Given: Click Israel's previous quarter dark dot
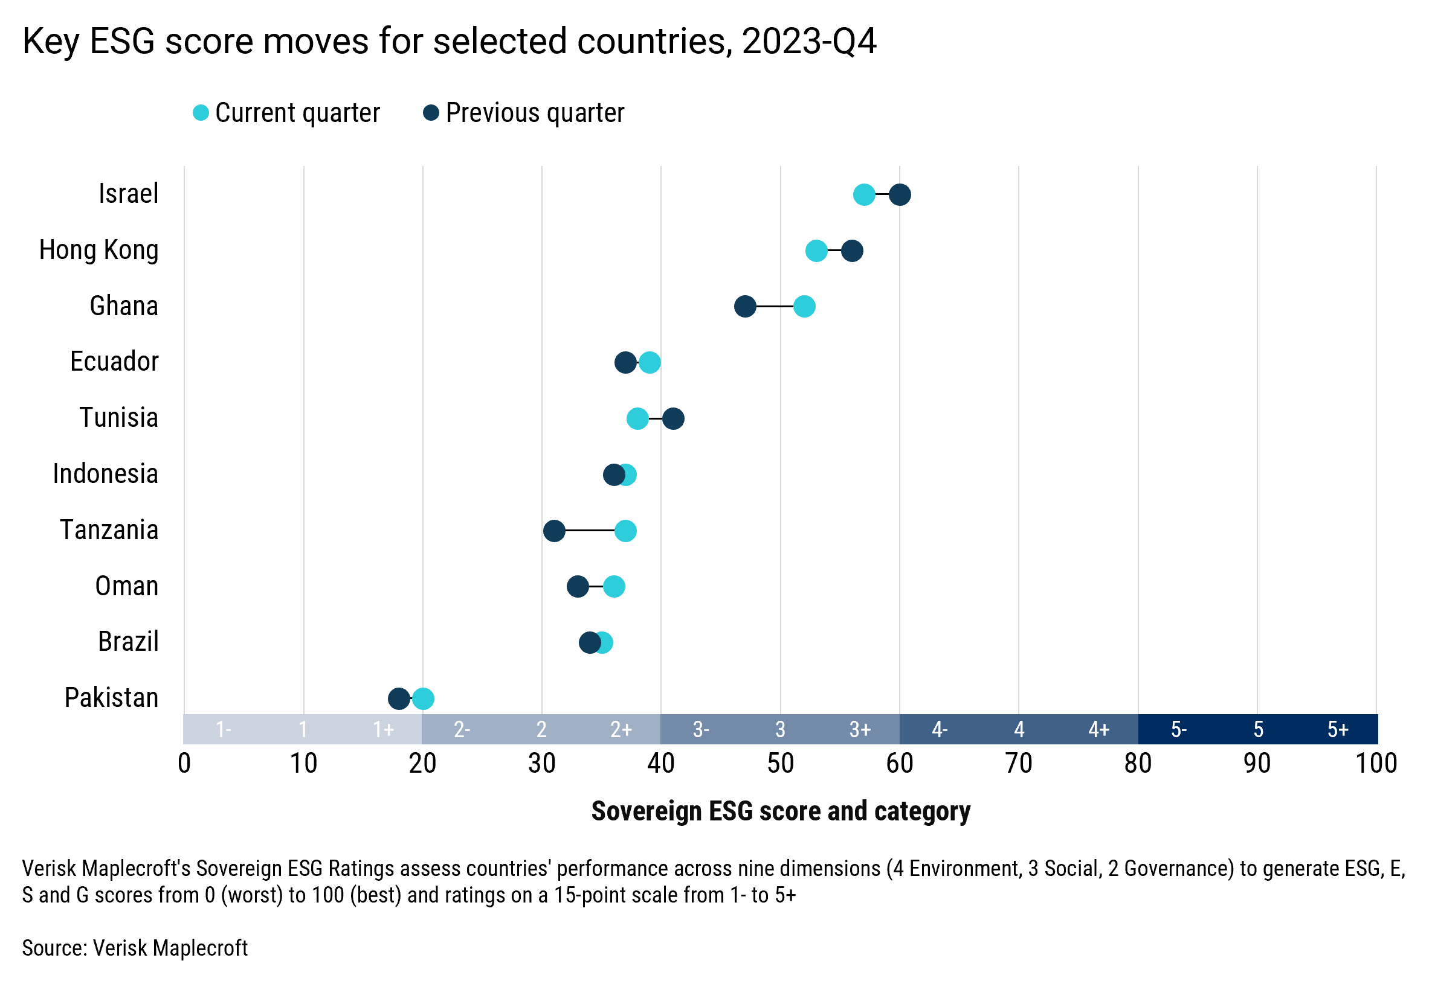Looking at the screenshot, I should pyautogui.click(x=900, y=194).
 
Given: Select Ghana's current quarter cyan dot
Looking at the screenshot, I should pyautogui.click(x=804, y=306).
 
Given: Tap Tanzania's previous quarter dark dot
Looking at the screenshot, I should pyautogui.click(x=554, y=530).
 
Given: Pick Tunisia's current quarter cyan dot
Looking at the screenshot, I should pyautogui.click(x=637, y=419).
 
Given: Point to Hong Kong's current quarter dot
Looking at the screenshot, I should pyautogui.click(x=816, y=251).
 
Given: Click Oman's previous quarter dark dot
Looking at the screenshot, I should pyautogui.click(x=578, y=586).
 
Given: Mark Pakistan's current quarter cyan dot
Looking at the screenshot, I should pyautogui.click(x=424, y=698).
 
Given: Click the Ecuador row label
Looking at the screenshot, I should pyautogui.click(x=114, y=362).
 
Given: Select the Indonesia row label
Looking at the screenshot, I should pyautogui.click(x=105, y=473).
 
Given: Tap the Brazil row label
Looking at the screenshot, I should pyautogui.click(x=128, y=642).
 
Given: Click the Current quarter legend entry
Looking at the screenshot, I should pyautogui.click(x=286, y=113).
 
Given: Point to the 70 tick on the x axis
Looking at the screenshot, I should pyautogui.click(x=1019, y=764).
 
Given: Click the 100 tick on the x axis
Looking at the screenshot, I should pyautogui.click(x=1376, y=764).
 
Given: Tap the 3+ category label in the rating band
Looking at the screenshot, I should pyautogui.click(x=860, y=730).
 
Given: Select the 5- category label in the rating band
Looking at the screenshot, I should pyautogui.click(x=1178, y=730).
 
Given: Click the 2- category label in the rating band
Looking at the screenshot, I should pyautogui.click(x=462, y=730).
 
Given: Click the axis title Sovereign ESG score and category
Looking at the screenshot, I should pyautogui.click(x=780, y=811).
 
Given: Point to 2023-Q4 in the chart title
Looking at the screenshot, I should pyautogui.click(x=808, y=41).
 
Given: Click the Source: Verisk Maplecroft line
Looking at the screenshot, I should pyautogui.click(x=134, y=948).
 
